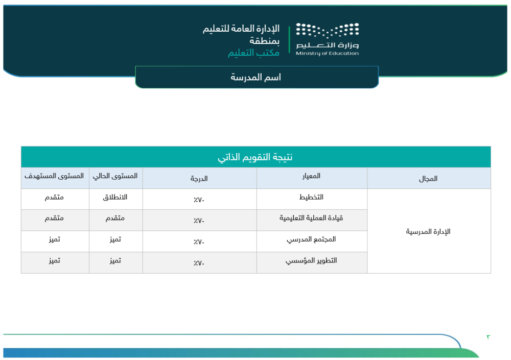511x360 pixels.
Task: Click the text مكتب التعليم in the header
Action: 253,53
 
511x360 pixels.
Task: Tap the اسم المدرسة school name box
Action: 257,78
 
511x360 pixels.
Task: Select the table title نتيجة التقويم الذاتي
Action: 255,157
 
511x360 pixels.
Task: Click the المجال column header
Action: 428,179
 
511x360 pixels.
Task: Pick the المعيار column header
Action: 311,177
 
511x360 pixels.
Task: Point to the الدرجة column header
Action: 199,179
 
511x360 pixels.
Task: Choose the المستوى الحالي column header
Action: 115,176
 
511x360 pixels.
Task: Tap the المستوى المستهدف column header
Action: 55,176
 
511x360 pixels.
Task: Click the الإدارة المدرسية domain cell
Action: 428,231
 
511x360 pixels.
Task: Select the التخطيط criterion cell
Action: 312,198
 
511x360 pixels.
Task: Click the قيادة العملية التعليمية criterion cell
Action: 312,218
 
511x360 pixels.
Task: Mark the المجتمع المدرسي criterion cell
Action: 312,239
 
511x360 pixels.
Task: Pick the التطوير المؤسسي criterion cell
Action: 312,261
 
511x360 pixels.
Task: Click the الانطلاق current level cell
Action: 115,198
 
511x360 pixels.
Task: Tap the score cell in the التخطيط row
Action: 199,200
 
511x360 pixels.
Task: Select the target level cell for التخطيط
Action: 55,198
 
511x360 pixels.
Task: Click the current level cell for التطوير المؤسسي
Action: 115,261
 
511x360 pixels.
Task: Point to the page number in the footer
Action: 488,337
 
